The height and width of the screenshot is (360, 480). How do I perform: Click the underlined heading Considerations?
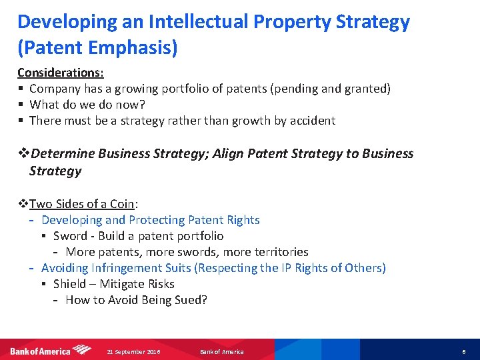tap(60, 72)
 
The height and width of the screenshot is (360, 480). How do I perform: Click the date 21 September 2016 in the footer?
tap(133, 351)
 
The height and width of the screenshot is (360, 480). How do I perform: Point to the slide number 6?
tap(463, 351)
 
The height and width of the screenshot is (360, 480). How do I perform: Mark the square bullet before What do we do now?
tap(21, 105)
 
